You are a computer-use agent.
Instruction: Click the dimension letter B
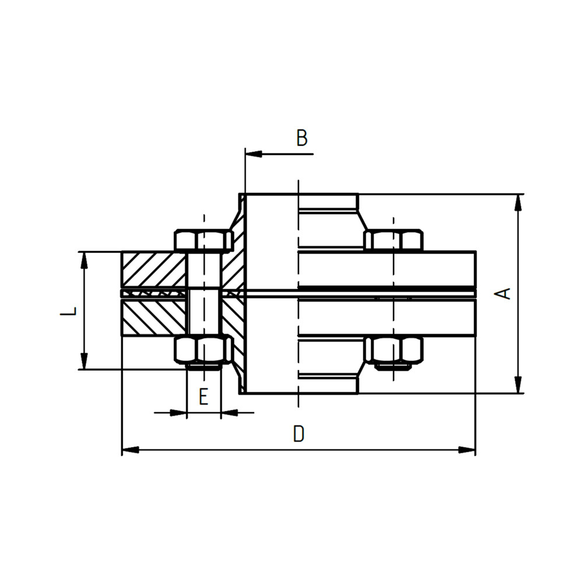click(x=302, y=138)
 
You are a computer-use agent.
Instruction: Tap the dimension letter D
click(x=298, y=434)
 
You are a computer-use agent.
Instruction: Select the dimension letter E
click(x=203, y=396)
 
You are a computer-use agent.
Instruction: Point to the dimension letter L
click(x=68, y=311)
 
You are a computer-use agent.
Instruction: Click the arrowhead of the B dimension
click(x=254, y=153)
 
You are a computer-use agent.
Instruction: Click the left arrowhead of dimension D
click(x=131, y=450)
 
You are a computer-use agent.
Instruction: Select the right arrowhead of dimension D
click(x=467, y=450)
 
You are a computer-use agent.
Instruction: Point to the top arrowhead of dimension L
click(x=85, y=260)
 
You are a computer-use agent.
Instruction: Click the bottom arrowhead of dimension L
click(x=85, y=361)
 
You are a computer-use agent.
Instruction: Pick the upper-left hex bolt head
click(x=203, y=241)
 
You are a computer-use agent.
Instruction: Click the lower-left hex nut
click(x=203, y=349)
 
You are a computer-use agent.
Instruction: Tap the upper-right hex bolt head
click(x=394, y=240)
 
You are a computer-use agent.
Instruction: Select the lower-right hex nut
click(x=394, y=349)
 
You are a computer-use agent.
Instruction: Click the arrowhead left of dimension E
click(x=178, y=412)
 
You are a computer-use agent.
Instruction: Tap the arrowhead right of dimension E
click(x=229, y=412)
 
